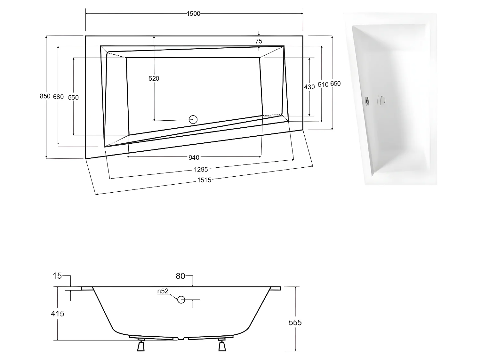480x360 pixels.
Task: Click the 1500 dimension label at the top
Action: [x=193, y=13]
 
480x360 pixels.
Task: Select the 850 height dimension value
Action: [x=45, y=96]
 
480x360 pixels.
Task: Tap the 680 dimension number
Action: [x=59, y=97]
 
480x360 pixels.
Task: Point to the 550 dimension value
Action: [x=73, y=97]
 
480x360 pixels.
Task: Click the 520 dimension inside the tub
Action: [x=154, y=78]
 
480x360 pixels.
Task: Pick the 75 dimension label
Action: [x=259, y=41]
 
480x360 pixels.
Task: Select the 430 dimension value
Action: [x=309, y=87]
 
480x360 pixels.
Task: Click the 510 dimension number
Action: [x=323, y=85]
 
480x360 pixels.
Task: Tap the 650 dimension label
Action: [x=335, y=84]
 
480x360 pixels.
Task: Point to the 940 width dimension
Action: [x=194, y=157]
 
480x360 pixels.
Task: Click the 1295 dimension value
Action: [x=201, y=169]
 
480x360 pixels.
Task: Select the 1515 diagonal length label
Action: [x=204, y=180]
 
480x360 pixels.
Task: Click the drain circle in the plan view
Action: [x=193, y=119]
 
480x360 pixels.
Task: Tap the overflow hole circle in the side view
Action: [x=181, y=300]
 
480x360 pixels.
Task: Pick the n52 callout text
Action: [x=163, y=291]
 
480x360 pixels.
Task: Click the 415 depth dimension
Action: [x=58, y=314]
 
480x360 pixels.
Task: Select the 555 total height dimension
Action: [x=295, y=322]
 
